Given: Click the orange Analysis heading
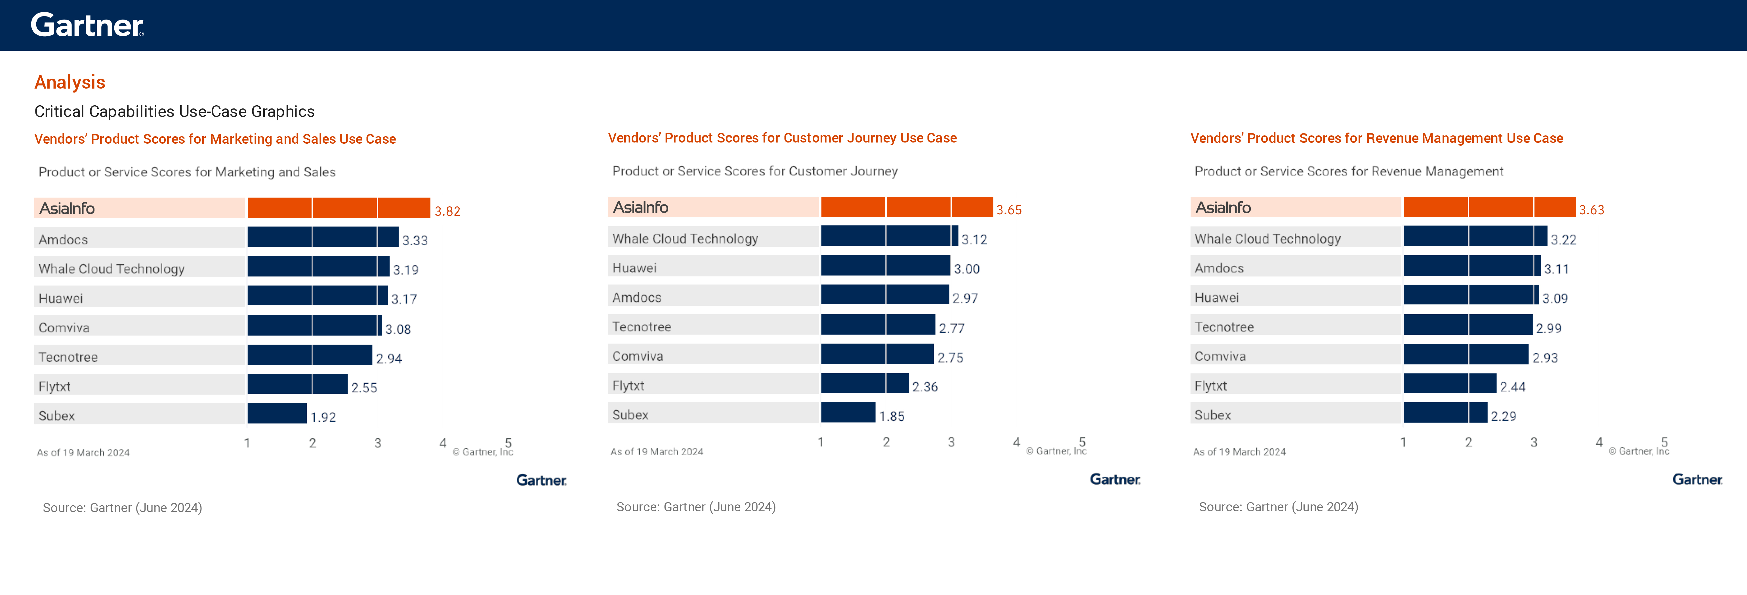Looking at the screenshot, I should [x=70, y=82].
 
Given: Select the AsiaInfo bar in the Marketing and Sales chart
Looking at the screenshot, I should [x=339, y=208].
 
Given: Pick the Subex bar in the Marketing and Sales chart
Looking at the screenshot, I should [x=277, y=413].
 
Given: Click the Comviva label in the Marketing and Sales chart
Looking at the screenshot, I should [x=64, y=328].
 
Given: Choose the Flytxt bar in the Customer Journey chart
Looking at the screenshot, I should [x=865, y=383].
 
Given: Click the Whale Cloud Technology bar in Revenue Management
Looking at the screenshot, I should [x=1475, y=236].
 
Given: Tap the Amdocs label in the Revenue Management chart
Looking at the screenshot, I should [x=1219, y=268].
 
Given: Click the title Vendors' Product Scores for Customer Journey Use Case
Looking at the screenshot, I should [x=782, y=138].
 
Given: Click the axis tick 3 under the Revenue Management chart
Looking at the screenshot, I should [x=1533, y=442].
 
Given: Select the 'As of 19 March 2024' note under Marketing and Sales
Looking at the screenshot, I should [x=83, y=452].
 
